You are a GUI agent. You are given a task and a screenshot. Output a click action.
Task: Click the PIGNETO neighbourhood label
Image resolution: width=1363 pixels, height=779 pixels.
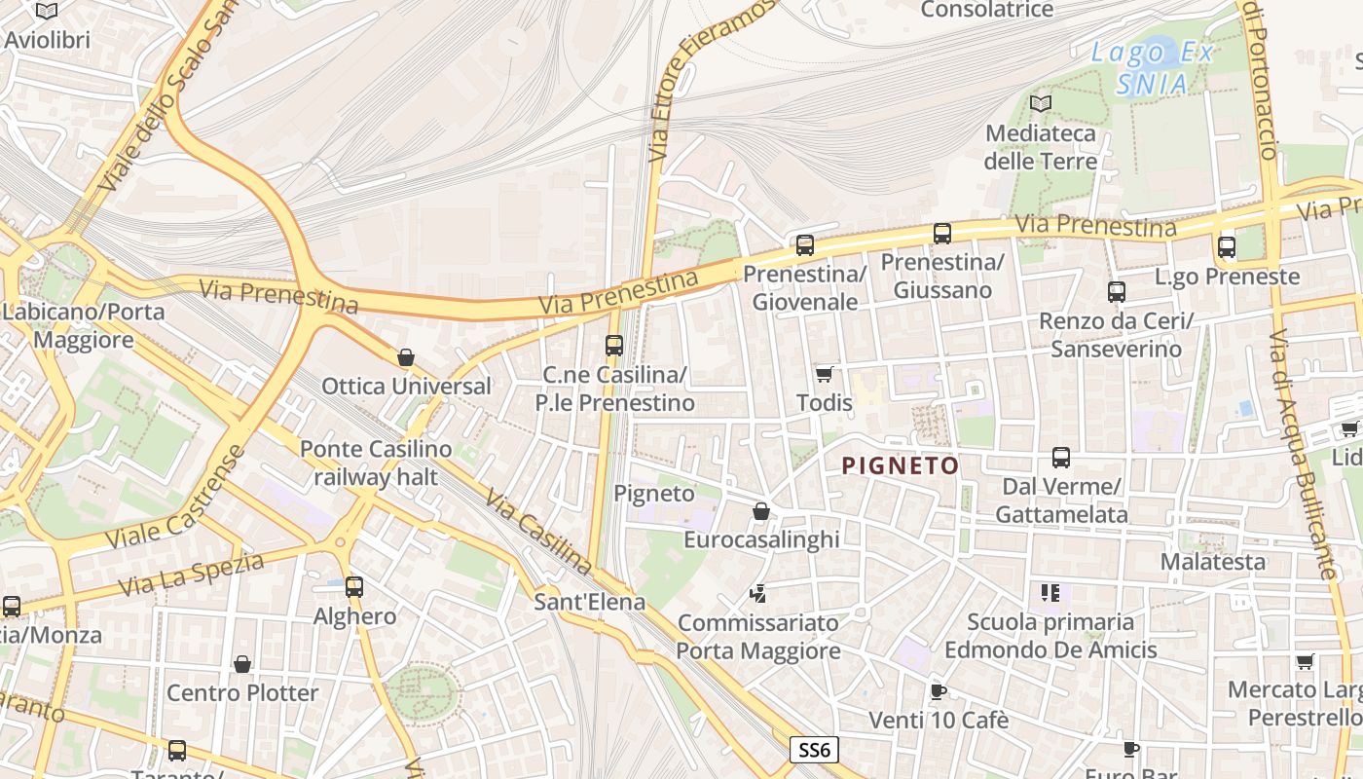[901, 465]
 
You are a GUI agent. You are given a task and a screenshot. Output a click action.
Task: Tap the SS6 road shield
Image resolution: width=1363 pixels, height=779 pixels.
[813, 750]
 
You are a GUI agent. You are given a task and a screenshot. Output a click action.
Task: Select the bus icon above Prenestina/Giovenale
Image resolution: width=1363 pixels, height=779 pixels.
[804, 245]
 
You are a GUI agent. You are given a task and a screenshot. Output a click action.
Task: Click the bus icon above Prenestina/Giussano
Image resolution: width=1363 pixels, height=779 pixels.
[941, 234]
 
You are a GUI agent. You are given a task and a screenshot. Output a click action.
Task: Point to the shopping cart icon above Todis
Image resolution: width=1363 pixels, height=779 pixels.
[824, 374]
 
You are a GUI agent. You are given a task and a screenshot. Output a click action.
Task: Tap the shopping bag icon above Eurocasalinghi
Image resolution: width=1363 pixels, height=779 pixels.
[761, 511]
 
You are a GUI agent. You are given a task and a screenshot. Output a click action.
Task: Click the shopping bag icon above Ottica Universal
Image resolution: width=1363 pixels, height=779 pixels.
[406, 357]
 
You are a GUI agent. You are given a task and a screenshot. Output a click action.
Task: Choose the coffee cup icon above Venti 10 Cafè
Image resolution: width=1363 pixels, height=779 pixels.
[938, 692]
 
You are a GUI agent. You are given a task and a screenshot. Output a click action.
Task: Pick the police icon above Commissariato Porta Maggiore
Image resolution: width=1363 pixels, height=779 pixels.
[757, 592]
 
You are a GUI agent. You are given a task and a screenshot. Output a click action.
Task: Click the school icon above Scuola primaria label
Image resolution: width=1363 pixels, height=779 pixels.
[1050, 592]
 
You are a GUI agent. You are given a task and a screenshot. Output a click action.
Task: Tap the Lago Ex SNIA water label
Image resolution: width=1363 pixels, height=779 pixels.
[1153, 67]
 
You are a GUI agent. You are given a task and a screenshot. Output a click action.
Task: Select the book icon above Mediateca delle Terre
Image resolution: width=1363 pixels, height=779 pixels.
[1041, 103]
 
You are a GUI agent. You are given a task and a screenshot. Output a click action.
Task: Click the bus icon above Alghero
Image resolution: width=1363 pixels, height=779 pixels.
[354, 587]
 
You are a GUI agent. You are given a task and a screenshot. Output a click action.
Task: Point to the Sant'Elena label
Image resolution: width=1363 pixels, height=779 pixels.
[589, 602]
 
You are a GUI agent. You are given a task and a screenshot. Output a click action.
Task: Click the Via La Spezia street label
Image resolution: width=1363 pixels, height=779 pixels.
[191, 575]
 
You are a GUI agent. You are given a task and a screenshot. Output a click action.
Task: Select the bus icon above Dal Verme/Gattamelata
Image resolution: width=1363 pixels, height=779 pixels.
[1061, 458]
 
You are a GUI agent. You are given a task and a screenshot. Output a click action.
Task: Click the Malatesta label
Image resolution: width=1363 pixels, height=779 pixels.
[1212, 562]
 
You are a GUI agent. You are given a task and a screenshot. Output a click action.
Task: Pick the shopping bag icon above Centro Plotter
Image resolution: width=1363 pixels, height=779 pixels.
[242, 664]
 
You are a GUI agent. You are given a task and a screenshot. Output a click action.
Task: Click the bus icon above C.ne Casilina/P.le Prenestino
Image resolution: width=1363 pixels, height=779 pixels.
[613, 346]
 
